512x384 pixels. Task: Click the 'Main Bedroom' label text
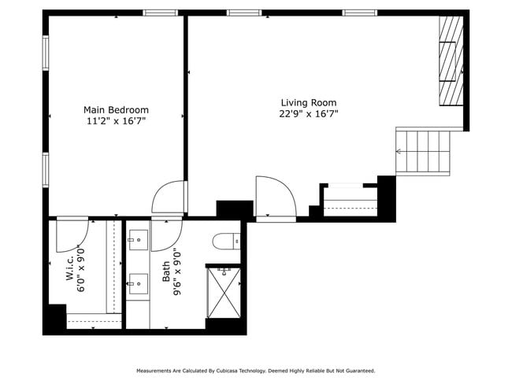tap(116, 110)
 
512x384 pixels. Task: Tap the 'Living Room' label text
tap(309, 103)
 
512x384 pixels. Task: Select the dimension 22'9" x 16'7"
tap(309, 114)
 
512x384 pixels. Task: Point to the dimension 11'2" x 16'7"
tap(116, 121)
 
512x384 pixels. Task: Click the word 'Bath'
tap(166, 272)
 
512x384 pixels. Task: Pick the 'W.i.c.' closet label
tap(70, 268)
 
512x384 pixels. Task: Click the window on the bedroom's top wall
tap(160, 13)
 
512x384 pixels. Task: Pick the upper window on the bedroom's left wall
tap(46, 53)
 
